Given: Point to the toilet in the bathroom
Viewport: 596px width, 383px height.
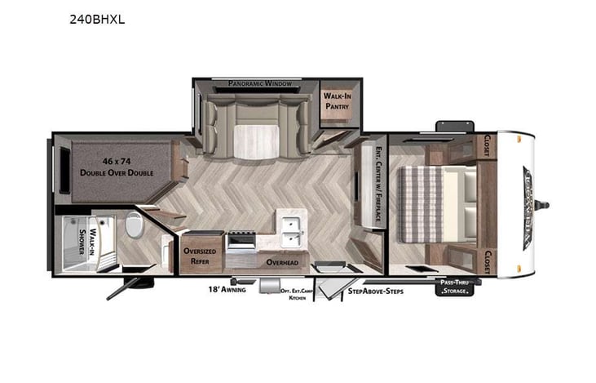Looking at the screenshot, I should coord(135,223).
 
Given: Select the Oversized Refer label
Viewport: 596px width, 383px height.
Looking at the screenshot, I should coord(200,256).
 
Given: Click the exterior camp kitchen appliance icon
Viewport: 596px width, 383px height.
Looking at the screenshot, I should coord(269,286).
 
